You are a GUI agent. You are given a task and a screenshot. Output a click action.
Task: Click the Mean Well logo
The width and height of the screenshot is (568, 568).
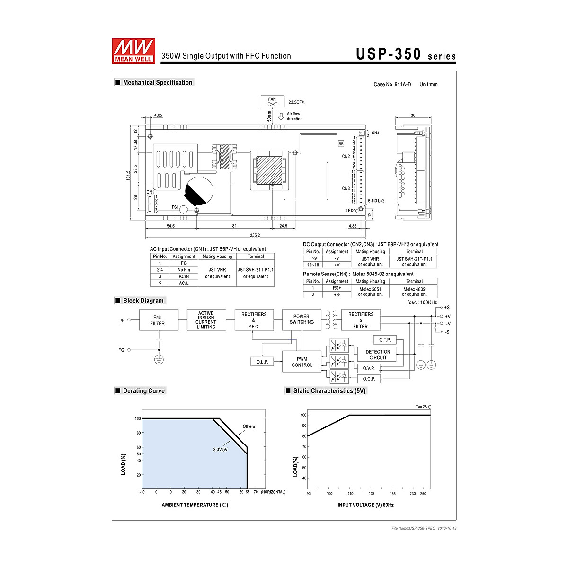pos(133,50)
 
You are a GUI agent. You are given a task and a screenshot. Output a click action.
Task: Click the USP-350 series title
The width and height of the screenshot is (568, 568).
pos(406,54)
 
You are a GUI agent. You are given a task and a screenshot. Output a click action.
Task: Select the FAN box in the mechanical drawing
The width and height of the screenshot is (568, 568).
pos(272,101)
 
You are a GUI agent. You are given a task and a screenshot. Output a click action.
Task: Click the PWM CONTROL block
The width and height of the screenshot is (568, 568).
pos(302,362)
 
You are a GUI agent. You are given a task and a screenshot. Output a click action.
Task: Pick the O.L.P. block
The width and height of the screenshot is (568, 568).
pos(262,362)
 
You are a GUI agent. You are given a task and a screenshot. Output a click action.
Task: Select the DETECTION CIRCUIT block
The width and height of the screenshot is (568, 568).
pos(378,355)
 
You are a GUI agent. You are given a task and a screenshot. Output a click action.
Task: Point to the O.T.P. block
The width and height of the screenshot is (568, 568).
pos(384,340)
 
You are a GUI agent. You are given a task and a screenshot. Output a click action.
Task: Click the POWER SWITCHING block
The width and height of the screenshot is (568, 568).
pos(302,319)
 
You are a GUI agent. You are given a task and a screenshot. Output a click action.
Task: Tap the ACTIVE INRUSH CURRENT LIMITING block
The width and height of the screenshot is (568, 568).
pos(206,320)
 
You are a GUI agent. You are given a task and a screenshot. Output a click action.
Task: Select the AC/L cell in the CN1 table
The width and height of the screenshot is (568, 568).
pos(184,283)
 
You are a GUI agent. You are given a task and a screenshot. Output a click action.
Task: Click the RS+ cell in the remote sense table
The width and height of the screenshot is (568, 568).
pos(337,288)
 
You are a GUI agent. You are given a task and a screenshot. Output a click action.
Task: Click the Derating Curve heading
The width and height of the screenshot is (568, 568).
pos(143,391)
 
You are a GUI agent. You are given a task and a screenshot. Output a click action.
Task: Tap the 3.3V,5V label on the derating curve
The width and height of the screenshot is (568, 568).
pos(220,449)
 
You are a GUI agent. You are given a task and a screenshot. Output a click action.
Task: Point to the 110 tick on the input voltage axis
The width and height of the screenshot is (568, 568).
pos(350,494)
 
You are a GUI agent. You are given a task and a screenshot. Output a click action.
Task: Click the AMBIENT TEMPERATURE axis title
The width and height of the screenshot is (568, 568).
pos(195,505)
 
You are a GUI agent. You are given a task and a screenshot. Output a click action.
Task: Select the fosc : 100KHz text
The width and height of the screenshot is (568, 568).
pos(422,302)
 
